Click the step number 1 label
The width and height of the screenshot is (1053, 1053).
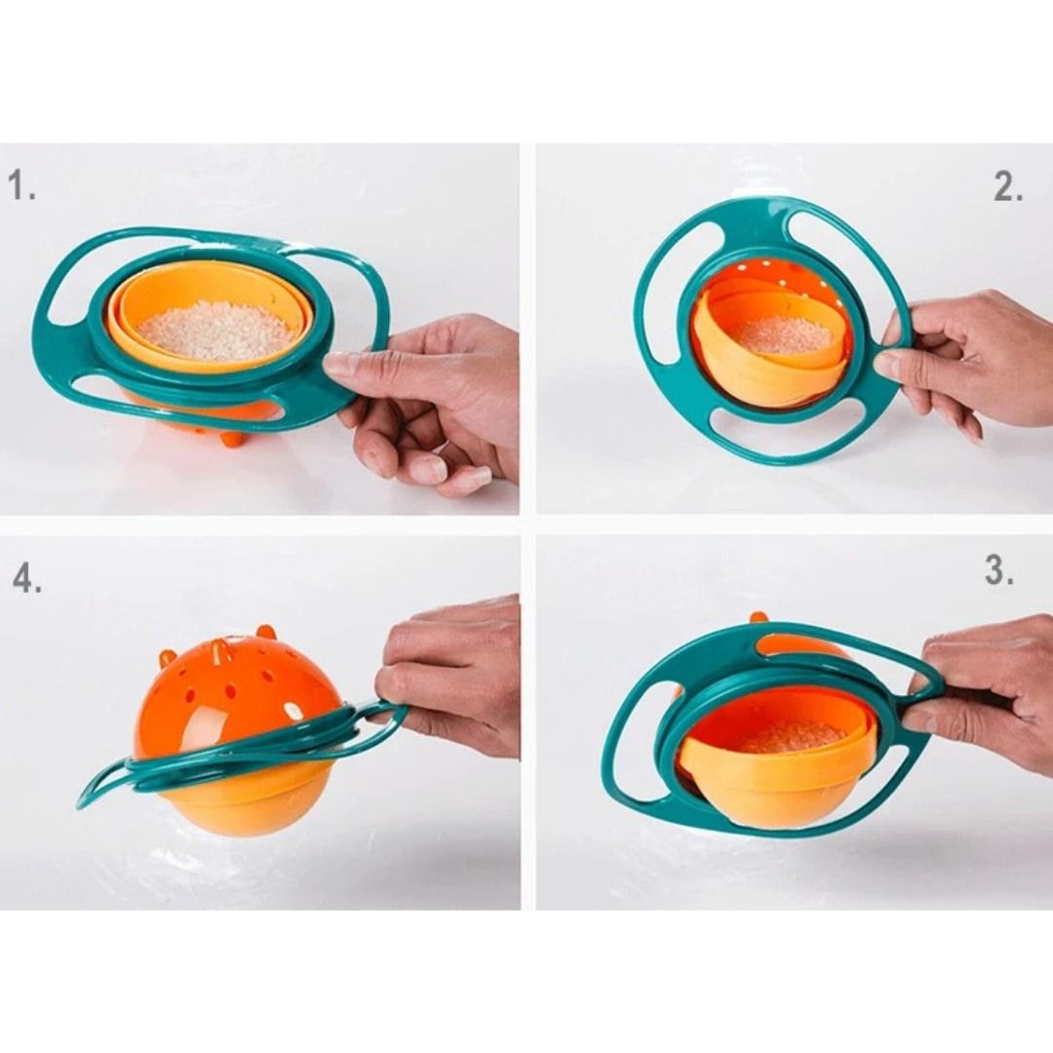[x=22, y=185]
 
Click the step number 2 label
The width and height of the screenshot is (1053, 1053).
[x=1008, y=187]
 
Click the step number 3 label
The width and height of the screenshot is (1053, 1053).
[x=999, y=571]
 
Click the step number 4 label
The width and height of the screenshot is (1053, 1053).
[x=27, y=578]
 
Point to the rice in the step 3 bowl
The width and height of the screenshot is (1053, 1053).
[x=792, y=735]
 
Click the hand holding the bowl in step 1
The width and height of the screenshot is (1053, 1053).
[x=439, y=400]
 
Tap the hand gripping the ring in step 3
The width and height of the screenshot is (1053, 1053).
[x=985, y=692]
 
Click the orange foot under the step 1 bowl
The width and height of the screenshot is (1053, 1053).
[x=231, y=438]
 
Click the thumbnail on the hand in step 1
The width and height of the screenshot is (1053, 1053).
[x=341, y=366]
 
